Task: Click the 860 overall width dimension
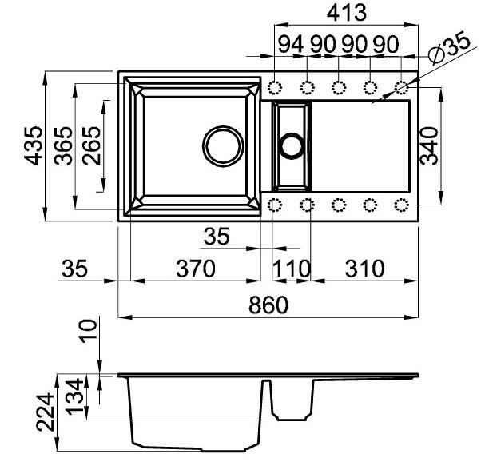pos(268,305)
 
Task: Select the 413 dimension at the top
pos(347,13)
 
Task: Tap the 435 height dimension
pos(34,145)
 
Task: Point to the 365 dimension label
pos(63,145)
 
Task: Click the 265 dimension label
pos(92,145)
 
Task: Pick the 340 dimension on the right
pos(429,145)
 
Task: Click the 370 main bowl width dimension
pos(196,269)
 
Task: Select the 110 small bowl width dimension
pos(292,269)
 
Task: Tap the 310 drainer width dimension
pos(365,269)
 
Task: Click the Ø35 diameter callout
pos(448,47)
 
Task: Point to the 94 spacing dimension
pos(290,44)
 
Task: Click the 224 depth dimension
pos(45,412)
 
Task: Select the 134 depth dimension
pos(75,397)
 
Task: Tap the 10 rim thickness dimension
pos(89,331)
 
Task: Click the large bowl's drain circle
pos(223,146)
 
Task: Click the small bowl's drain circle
pos(292,145)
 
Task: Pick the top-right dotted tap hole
pos(401,87)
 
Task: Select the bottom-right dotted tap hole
pos(401,205)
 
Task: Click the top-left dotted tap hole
pos(275,87)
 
